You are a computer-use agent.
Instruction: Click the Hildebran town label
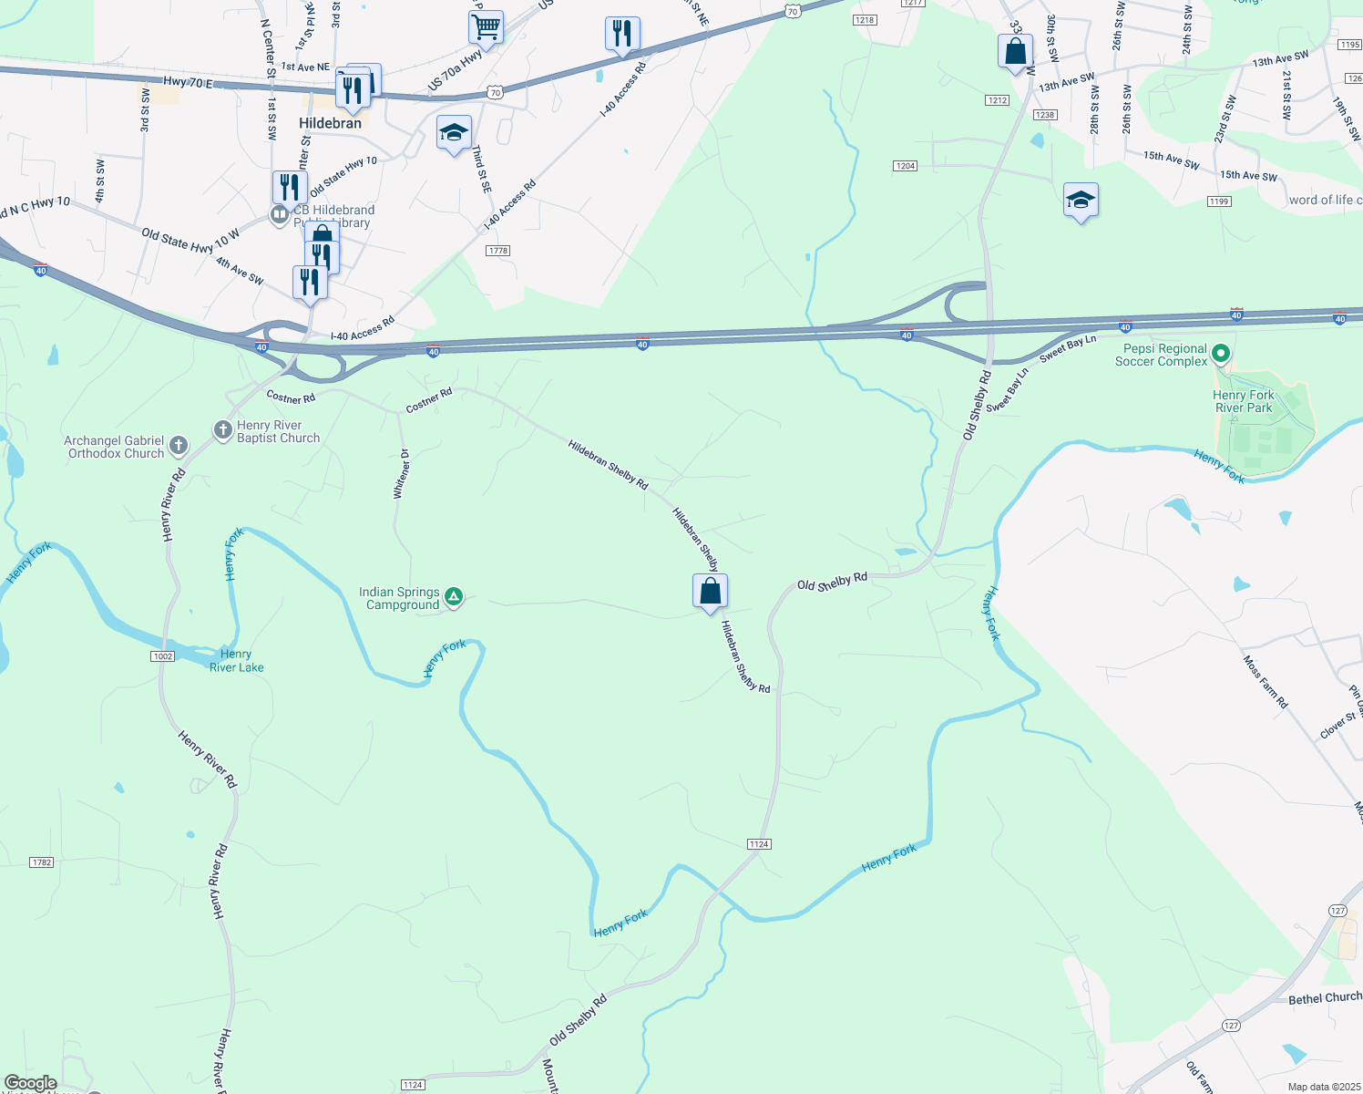coord(330,123)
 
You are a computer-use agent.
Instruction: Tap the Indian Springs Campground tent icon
coord(454,598)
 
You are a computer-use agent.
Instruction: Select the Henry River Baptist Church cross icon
coord(223,429)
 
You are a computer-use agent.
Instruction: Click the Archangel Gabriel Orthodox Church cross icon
coord(179,446)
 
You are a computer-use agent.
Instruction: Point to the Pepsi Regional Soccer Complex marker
coord(1222,354)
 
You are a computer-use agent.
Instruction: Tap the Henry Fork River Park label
coord(1244,401)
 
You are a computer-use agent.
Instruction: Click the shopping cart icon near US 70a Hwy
coord(487,26)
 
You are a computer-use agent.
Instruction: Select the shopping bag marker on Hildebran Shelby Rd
coord(710,592)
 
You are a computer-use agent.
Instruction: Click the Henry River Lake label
coord(236,661)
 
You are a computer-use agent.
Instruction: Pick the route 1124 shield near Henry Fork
coord(759,844)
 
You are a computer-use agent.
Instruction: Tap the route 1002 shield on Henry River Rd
coord(162,656)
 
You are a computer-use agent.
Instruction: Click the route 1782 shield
coord(42,862)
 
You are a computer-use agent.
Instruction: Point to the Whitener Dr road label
coord(402,474)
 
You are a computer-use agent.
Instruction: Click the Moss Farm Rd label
coord(1266,682)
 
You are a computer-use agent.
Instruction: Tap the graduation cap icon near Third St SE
coord(454,133)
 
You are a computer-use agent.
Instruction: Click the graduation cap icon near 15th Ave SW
coord(1081,200)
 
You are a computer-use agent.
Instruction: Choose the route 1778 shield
coord(497,251)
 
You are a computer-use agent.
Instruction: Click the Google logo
coord(30,1083)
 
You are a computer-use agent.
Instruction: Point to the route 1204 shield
coord(905,166)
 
